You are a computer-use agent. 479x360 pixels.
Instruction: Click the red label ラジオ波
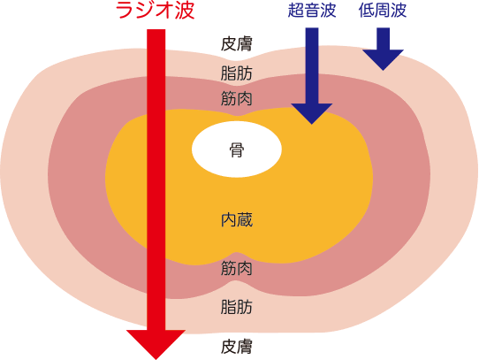(155, 11)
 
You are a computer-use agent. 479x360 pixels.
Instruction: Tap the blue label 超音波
(312, 11)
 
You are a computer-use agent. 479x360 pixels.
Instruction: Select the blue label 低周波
(383, 11)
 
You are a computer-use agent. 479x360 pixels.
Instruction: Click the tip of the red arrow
(156, 359)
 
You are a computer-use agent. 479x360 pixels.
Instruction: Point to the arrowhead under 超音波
(312, 113)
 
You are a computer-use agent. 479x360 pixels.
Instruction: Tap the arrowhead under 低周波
(383, 59)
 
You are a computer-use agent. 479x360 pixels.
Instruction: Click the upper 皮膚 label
(237, 43)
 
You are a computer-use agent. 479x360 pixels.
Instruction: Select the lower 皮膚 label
(237, 346)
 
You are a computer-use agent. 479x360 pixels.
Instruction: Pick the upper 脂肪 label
(237, 73)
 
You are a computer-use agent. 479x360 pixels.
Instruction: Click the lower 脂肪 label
(237, 307)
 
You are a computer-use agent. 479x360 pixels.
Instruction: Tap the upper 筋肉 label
(237, 99)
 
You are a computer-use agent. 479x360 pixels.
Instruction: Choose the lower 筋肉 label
(237, 268)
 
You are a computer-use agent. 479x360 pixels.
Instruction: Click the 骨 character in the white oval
(237, 149)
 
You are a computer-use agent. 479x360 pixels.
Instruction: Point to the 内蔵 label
(237, 220)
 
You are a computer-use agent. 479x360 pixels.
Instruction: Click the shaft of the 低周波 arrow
(383, 39)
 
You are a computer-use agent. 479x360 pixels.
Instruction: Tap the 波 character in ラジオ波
(185, 11)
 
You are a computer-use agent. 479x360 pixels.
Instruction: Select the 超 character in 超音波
(296, 11)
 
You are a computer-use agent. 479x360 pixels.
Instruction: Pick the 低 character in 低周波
(367, 11)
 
